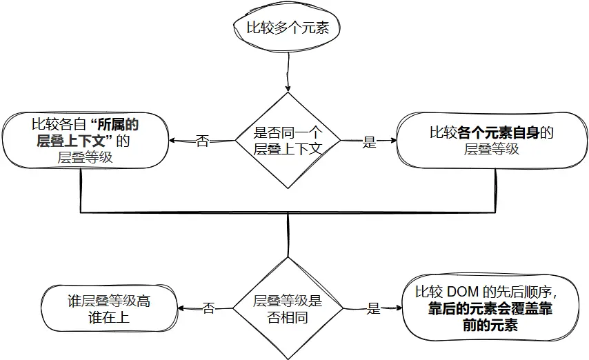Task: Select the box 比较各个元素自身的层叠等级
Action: [x=491, y=141]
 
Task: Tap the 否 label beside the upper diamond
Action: [x=202, y=142]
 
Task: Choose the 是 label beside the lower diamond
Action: [x=373, y=309]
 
